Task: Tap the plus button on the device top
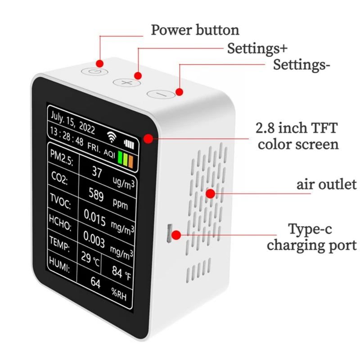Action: pyautogui.click(x=127, y=83)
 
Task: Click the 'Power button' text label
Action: pyautogui.click(x=195, y=30)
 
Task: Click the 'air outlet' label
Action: pyautogui.click(x=327, y=184)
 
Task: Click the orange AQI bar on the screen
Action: pyautogui.click(x=130, y=160)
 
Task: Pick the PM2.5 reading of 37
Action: pyautogui.click(x=97, y=171)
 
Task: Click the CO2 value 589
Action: pyautogui.click(x=96, y=196)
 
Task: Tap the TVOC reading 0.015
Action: pyautogui.click(x=95, y=220)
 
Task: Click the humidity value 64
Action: pyautogui.click(x=95, y=283)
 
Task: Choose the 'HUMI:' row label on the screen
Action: pyautogui.click(x=59, y=270)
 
